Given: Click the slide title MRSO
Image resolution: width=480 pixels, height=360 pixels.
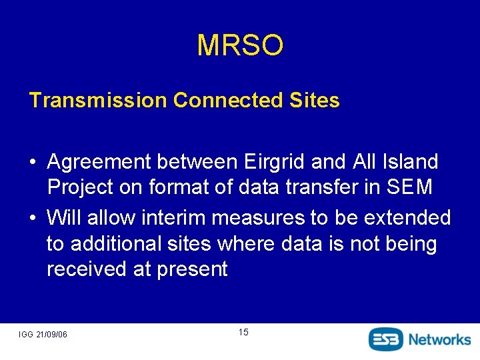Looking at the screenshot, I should (240, 45).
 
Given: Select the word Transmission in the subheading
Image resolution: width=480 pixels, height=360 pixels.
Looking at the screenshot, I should (97, 101).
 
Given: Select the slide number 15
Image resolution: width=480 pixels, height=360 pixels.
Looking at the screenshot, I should (243, 332).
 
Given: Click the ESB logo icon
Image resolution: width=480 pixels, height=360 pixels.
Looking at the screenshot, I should (386, 339).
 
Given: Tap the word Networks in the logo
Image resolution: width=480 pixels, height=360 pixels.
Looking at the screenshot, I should (439, 339).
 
